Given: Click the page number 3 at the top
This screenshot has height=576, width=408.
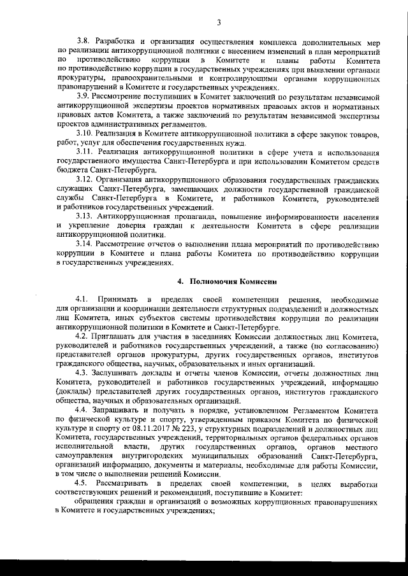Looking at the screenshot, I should point(218,24).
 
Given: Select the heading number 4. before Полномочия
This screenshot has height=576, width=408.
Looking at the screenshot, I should point(180,281).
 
